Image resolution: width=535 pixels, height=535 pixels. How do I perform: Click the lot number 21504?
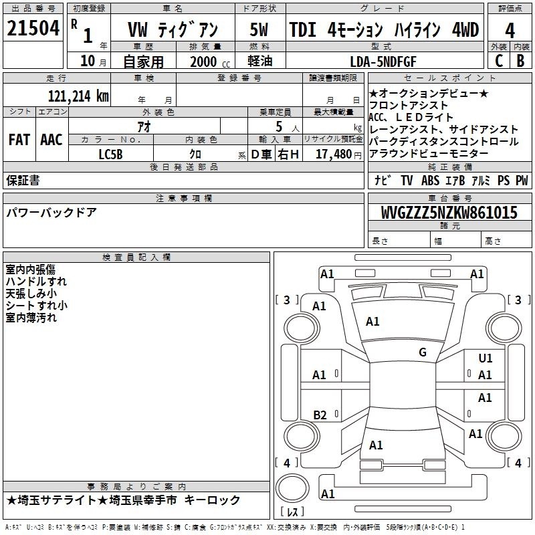pos(33,28)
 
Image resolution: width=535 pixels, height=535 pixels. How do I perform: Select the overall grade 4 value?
pos(510,31)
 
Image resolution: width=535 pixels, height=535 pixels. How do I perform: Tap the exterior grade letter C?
pos(499,61)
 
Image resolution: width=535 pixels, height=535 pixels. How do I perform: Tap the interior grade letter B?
pos(520,61)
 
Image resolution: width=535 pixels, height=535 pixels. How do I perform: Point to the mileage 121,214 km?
pos(78,96)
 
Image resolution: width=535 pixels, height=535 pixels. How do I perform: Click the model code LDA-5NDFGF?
pos(383,62)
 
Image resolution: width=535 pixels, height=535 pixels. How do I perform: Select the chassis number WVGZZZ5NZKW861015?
pos(449,213)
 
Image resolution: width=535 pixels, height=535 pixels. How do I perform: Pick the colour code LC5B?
pos(110,154)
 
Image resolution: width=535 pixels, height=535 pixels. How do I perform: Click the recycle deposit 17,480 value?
pos(334,154)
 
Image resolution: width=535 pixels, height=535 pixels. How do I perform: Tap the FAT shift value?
pos(19,140)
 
